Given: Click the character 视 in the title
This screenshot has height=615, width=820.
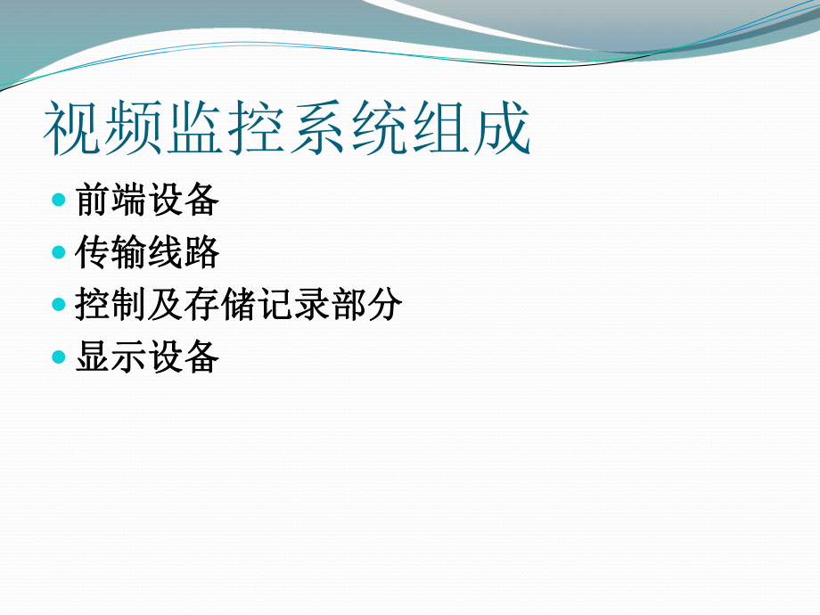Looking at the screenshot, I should click(74, 129).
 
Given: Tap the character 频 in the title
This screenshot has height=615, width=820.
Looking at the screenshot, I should click(135, 129).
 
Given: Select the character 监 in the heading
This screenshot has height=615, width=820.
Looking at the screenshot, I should click(196, 129).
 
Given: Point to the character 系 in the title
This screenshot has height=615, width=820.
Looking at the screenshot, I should click(319, 129).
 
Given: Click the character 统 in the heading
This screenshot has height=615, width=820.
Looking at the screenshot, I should click(381, 129).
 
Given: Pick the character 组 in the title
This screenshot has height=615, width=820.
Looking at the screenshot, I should click(442, 129).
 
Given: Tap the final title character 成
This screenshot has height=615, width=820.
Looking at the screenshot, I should click(503, 129).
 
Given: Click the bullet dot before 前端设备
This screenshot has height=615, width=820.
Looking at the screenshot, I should click(59, 200).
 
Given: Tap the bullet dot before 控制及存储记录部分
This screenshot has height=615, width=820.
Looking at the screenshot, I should click(59, 305).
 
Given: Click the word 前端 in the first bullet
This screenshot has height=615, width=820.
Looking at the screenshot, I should click(111, 201).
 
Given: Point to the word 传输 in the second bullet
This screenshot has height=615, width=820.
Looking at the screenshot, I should click(111, 253).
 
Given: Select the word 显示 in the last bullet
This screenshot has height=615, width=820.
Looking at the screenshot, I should click(111, 357).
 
